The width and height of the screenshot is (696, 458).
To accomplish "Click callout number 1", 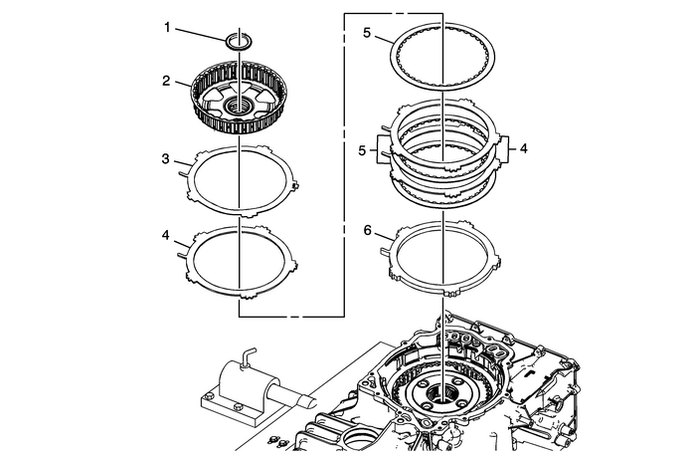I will tap(169, 28).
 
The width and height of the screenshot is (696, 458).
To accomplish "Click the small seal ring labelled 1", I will tap(240, 41).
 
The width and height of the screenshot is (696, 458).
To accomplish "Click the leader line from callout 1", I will tap(203, 33).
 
